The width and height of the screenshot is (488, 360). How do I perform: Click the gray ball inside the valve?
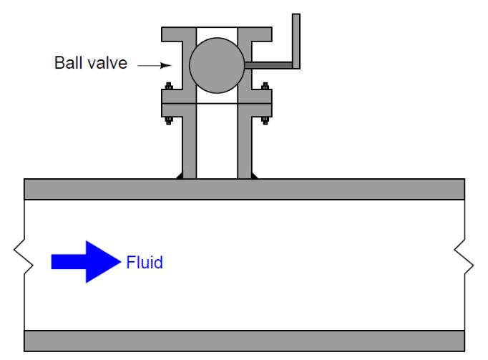[x=217, y=65]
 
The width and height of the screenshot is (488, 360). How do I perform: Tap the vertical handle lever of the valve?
[x=296, y=39]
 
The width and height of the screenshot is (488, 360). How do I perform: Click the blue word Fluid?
[x=144, y=263]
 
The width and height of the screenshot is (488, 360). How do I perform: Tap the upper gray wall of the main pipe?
[x=244, y=188]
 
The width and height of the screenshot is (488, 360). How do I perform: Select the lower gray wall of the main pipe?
[x=244, y=340]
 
